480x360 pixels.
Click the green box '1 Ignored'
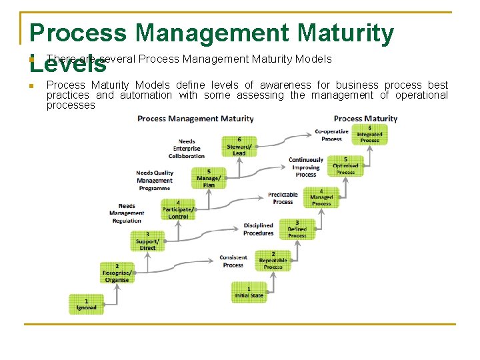[86, 304]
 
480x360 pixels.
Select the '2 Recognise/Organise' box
[117, 273]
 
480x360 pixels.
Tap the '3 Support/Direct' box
[147, 241]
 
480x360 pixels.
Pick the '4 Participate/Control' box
[178, 210]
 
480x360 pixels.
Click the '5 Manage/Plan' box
[209, 178]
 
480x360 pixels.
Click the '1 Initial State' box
[249, 292]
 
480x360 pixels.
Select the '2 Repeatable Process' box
[273, 261]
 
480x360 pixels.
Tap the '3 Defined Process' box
[297, 229]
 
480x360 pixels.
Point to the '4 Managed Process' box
[321, 197]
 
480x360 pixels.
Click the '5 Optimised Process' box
[345, 165]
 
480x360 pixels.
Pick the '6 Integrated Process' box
[369, 134]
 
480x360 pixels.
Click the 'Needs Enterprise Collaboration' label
[187, 149]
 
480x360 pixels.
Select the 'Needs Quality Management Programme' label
[155, 180]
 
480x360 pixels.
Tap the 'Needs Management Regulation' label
[127, 213]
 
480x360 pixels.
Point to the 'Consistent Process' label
[233, 261]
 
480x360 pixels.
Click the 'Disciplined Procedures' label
[259, 229]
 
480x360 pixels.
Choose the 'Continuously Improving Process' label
[306, 167]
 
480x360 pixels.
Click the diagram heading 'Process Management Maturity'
[195, 119]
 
